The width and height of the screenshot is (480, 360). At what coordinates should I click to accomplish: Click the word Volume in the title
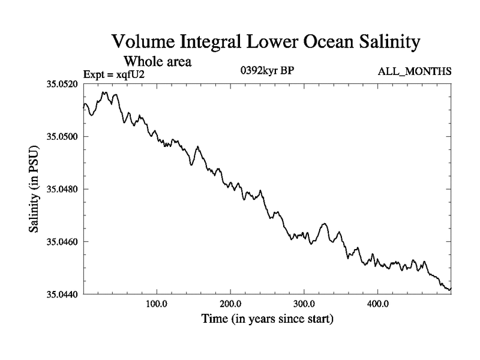142,43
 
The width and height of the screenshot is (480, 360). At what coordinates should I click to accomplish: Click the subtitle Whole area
158,61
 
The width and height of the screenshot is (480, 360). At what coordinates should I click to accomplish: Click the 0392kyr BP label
266,71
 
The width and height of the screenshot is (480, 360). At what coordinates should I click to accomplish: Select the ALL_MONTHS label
414,72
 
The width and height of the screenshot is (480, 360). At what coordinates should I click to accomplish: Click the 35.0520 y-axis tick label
62,84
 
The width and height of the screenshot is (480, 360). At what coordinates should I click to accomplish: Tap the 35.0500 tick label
62,137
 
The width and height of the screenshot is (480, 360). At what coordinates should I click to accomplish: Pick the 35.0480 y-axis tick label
62,189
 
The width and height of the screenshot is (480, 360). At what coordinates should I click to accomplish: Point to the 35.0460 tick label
62,242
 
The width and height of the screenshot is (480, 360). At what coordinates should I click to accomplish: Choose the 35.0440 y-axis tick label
62,294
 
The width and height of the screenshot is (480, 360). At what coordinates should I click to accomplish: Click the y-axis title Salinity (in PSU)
35,188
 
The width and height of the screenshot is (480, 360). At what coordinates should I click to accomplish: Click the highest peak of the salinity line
104,92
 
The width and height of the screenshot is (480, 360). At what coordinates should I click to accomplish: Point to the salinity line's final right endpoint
450,289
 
